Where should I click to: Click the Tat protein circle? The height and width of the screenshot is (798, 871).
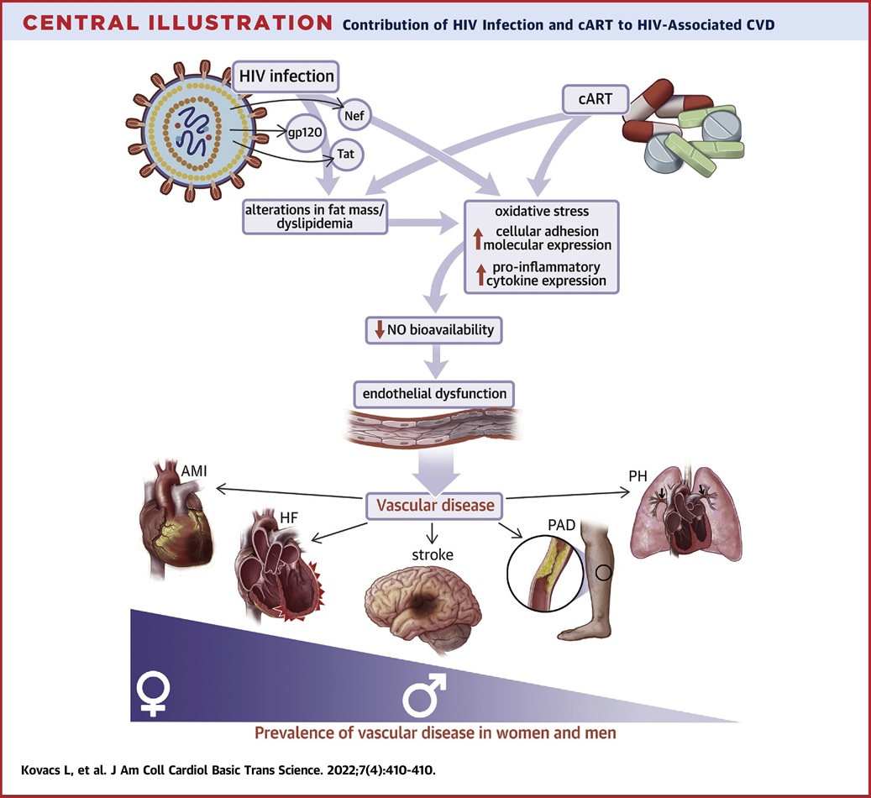[345, 155]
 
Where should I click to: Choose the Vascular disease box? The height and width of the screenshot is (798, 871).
[435, 506]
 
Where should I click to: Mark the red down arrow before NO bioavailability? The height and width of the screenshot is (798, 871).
[380, 330]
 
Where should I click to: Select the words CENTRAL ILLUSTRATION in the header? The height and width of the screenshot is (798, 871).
[171, 23]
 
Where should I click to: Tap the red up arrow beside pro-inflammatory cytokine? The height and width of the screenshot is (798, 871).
[479, 273]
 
